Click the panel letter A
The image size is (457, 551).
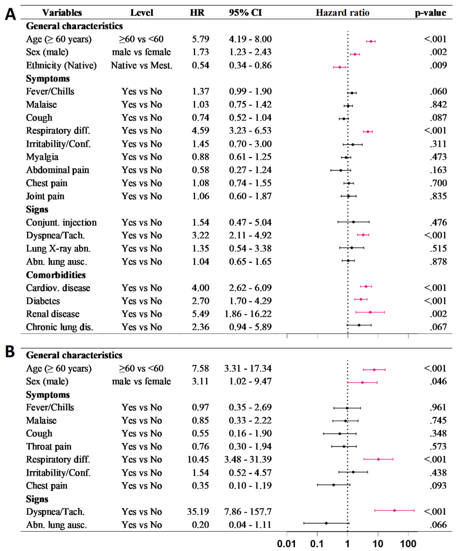(11, 14)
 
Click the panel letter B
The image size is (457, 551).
(10, 352)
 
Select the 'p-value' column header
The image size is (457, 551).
(430, 13)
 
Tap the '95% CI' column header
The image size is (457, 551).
(245, 13)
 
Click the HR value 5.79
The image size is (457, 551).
(201, 39)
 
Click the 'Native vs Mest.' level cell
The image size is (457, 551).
(142, 65)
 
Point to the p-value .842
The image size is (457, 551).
(438, 104)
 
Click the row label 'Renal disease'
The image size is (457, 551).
(53, 314)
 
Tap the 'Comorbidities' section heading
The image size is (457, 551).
(56, 275)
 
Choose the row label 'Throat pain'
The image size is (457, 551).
(49, 446)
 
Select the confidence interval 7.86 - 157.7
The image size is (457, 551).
(248, 511)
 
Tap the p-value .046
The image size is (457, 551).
(438, 381)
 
